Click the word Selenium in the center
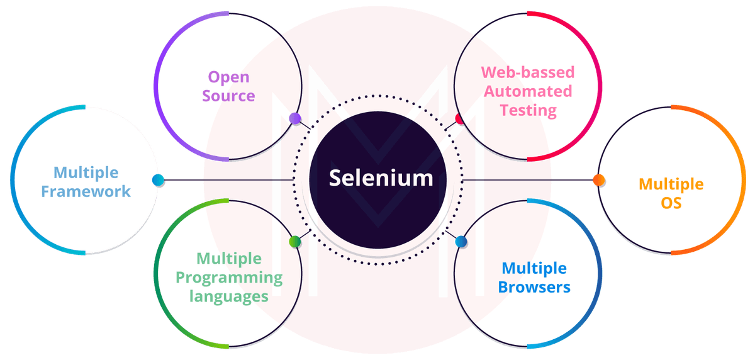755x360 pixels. click(x=381, y=178)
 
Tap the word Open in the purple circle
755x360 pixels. click(x=229, y=77)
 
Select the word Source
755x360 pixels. click(x=229, y=96)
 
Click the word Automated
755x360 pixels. click(x=528, y=91)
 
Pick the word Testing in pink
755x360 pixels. click(x=528, y=111)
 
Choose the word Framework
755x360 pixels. click(x=86, y=191)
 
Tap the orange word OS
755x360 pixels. click(x=671, y=203)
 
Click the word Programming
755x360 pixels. click(x=229, y=278)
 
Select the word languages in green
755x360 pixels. click(x=229, y=296)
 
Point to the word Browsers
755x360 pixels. click(x=534, y=288)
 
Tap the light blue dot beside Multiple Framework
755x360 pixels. click(x=158, y=181)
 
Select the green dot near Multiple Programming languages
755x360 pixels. click(x=294, y=241)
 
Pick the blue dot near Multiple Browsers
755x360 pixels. click(x=461, y=241)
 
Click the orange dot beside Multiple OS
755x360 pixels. click(x=599, y=181)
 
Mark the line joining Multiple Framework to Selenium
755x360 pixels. click(x=226, y=181)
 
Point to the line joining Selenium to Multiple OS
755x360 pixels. click(x=528, y=181)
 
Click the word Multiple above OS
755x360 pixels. click(x=671, y=184)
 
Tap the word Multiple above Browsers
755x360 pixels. click(x=534, y=269)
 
